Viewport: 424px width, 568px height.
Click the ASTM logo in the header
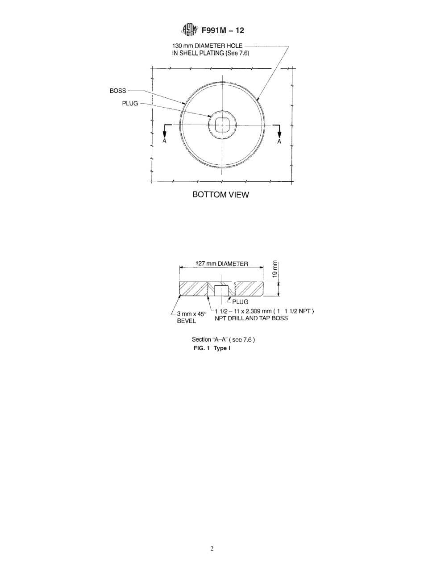[x=189, y=30]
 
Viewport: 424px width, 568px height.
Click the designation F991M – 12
[x=223, y=31]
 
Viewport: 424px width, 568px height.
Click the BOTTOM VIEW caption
[x=220, y=195]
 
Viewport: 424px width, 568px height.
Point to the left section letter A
[x=165, y=142]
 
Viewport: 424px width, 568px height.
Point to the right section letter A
[x=279, y=142]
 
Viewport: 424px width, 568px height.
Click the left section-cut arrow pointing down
[x=165, y=131]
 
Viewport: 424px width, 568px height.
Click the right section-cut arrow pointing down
[x=280, y=131]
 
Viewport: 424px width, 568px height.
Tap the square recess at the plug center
[x=222, y=125]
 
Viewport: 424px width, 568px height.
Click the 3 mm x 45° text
[x=192, y=314]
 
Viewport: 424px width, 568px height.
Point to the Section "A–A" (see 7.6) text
[x=223, y=340]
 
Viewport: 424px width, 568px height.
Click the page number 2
[x=212, y=549]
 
